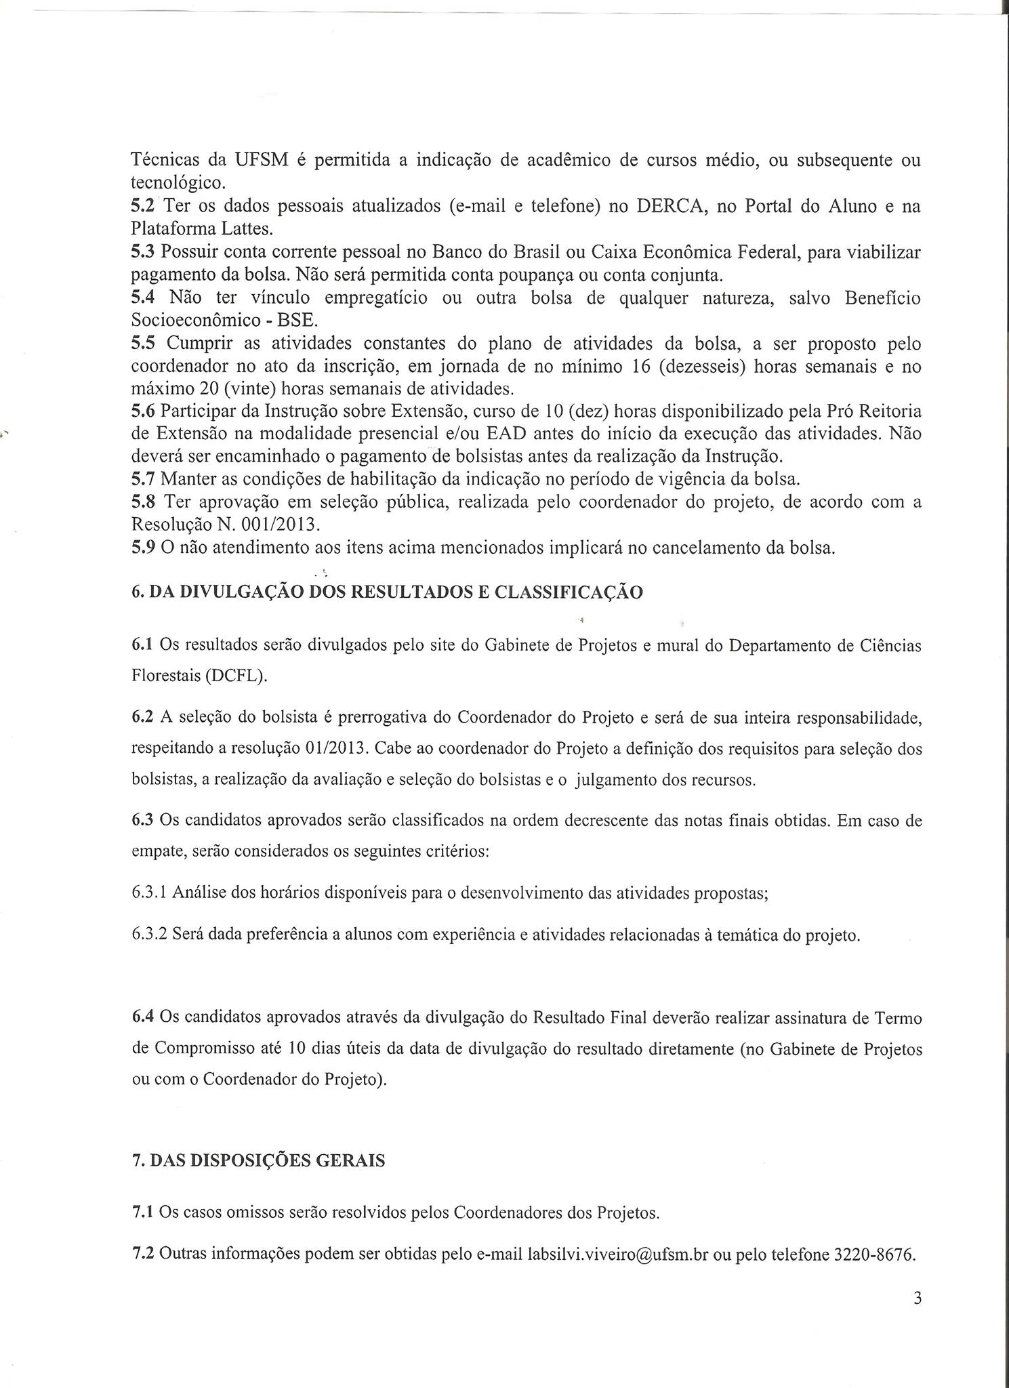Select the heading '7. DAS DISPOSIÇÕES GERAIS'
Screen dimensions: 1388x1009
click(x=258, y=1160)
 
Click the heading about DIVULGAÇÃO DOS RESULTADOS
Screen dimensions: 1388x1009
click(x=387, y=592)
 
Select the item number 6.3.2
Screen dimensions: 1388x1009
click(x=150, y=935)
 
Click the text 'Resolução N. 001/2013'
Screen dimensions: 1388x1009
click(x=224, y=524)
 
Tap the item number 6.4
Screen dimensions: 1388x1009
click(x=143, y=1018)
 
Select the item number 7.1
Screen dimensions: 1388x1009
click(x=143, y=1212)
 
